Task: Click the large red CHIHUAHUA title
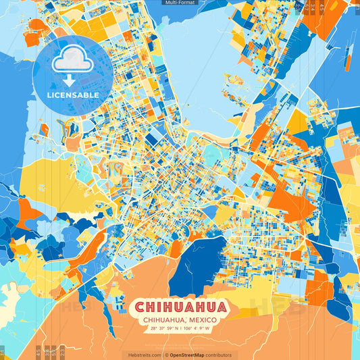click(x=180, y=307)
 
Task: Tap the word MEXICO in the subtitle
click(x=201, y=320)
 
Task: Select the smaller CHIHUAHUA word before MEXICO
click(x=162, y=320)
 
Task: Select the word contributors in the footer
click(x=220, y=355)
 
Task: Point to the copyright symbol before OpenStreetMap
click(x=167, y=355)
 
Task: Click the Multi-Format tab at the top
click(x=180, y=3)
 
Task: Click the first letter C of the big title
click(x=140, y=307)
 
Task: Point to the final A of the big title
click(x=220, y=307)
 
